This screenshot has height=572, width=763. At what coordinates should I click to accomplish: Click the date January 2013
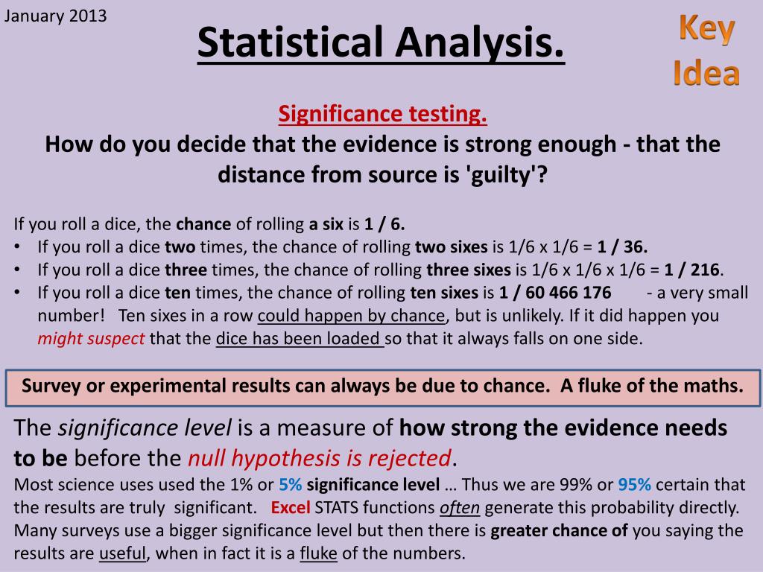click(55, 16)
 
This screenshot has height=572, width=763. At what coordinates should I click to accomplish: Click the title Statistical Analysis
click(381, 42)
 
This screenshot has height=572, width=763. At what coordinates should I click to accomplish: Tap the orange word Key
click(706, 30)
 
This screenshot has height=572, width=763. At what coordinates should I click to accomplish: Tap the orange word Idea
click(706, 74)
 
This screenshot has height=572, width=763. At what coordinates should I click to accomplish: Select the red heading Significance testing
click(382, 114)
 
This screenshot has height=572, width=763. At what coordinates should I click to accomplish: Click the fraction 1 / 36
click(622, 247)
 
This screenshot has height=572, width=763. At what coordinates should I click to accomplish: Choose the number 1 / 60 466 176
click(555, 292)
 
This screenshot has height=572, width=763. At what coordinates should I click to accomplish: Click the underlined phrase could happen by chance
click(352, 316)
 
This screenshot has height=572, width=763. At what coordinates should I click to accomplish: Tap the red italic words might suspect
click(91, 339)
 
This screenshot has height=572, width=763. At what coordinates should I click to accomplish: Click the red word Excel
click(291, 507)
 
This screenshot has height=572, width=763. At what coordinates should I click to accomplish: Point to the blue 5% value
click(291, 484)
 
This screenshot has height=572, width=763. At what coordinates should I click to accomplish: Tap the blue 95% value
click(635, 484)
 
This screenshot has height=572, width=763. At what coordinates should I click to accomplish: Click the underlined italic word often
click(460, 507)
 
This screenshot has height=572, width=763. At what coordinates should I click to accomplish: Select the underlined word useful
click(123, 553)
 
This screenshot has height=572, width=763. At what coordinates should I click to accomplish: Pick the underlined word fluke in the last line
click(319, 553)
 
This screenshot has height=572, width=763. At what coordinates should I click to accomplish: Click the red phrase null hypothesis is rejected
click(320, 458)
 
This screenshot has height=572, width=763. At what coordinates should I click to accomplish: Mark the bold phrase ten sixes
click(444, 292)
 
